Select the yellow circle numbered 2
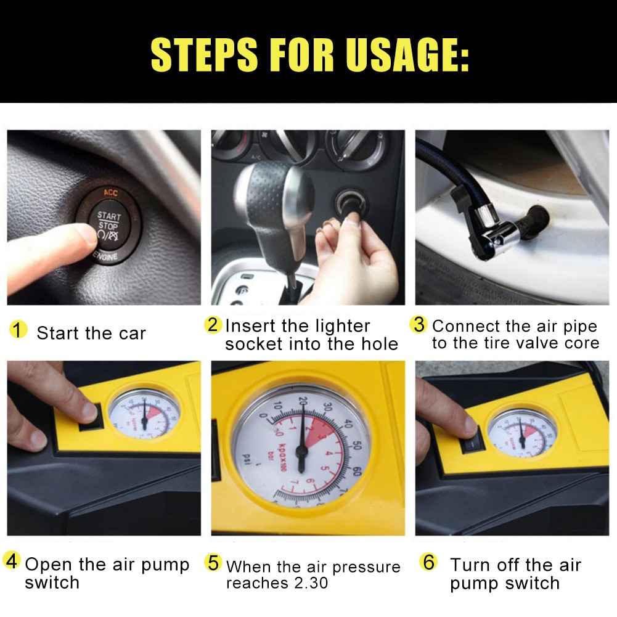tap(213, 324)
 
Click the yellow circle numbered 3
tap(419, 324)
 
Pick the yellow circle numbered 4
tap(12, 562)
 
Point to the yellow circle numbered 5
tap(213, 562)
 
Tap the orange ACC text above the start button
tap(110, 193)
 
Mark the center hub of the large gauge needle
tap(301, 451)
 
